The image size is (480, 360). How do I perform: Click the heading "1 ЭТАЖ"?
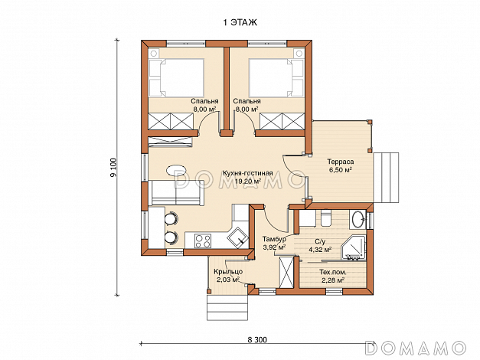pyautogui.click(x=240, y=23)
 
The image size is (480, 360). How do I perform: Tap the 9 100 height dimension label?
pyautogui.click(x=113, y=168)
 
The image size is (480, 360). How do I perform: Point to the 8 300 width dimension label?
pyautogui.click(x=257, y=339)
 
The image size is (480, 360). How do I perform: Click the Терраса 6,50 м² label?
pyautogui.click(x=341, y=165)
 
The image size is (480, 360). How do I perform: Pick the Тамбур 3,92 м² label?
pyautogui.click(x=274, y=243)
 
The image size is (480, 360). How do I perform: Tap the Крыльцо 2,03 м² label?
pyautogui.click(x=228, y=276)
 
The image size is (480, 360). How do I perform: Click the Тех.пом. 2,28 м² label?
pyautogui.click(x=333, y=276)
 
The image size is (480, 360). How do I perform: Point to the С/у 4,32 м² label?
pyautogui.click(x=320, y=245)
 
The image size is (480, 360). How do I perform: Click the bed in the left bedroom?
pyautogui.click(x=176, y=77)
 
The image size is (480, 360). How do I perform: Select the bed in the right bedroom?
pyautogui.click(x=276, y=77)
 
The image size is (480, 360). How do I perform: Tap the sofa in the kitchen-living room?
pyautogui.click(x=177, y=192)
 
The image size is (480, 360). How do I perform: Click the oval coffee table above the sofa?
pyautogui.click(x=176, y=170)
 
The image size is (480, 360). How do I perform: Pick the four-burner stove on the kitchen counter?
pyautogui.click(x=203, y=241)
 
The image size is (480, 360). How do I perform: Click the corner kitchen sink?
pyautogui.click(x=237, y=237)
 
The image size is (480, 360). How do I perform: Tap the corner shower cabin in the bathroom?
pyautogui.click(x=354, y=247)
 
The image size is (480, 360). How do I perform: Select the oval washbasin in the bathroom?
pyautogui.click(x=358, y=219)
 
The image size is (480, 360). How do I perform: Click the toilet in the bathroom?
pyautogui.click(x=325, y=218)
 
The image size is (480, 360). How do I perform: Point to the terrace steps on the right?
pyautogui.click(x=386, y=178)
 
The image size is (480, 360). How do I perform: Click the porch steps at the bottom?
pyautogui.click(x=227, y=307)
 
